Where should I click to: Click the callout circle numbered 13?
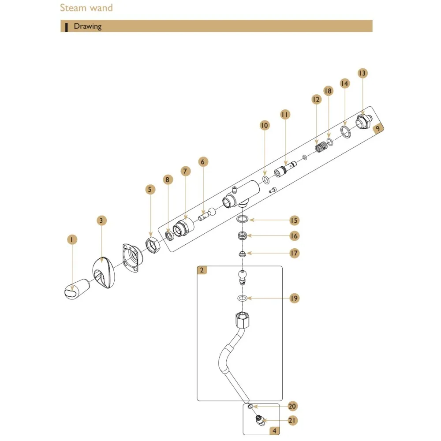[362, 74]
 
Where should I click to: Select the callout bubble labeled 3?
[102, 220]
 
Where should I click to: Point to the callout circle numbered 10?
[264, 126]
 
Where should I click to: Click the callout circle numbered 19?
[293, 299]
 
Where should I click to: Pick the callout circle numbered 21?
[292, 421]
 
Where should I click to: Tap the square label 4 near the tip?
[274, 431]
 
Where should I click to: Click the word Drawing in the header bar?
[87, 26]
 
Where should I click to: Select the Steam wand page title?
[86, 8]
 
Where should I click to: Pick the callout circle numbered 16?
[294, 236]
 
